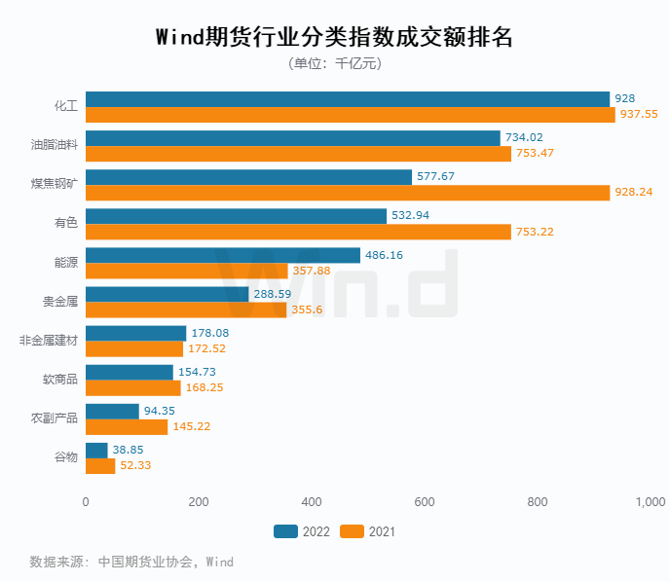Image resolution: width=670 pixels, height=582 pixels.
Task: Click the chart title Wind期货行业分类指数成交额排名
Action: [x=334, y=37]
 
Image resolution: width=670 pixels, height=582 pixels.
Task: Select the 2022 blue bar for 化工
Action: [x=348, y=99]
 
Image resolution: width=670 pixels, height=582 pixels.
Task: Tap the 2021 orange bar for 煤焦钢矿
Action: [x=348, y=193]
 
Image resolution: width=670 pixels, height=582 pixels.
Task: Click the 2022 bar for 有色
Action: [x=236, y=216]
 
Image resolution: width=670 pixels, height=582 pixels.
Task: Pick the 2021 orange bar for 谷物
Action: [x=100, y=465]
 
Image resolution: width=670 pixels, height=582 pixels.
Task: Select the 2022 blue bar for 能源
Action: [x=223, y=255]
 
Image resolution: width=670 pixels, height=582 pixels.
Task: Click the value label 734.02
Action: [x=527, y=138]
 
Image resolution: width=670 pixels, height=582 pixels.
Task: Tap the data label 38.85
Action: [x=129, y=450]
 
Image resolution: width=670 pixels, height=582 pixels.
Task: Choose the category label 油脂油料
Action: [x=55, y=146]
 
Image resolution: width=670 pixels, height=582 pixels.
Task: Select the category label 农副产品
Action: [x=55, y=418]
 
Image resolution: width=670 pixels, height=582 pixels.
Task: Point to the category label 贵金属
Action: [x=60, y=302]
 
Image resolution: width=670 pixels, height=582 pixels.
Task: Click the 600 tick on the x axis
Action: [x=425, y=502]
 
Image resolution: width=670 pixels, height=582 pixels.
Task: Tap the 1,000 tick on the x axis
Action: [x=650, y=502]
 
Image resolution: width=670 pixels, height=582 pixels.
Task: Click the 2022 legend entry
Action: [x=301, y=531]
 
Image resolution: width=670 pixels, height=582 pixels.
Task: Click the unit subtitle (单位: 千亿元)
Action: [x=334, y=64]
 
